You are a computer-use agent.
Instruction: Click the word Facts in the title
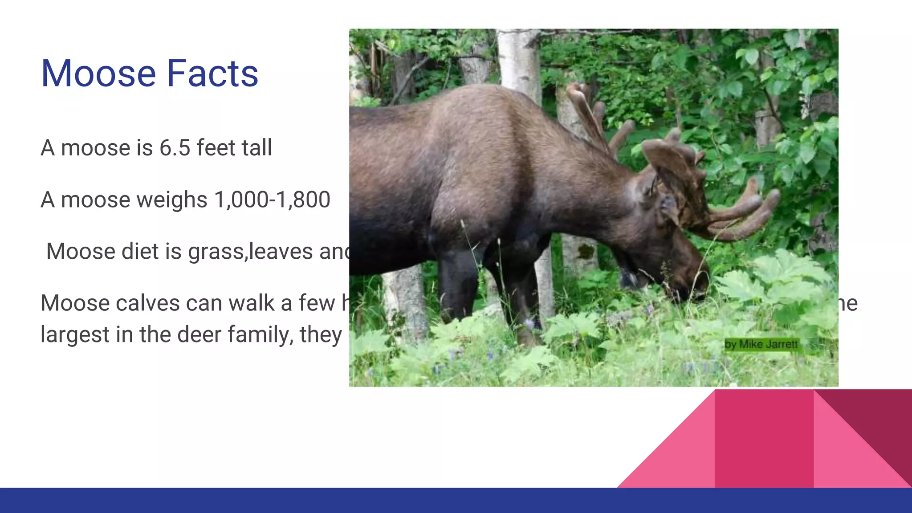212,73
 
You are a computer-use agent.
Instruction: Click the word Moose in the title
98,73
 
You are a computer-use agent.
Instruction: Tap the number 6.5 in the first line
175,148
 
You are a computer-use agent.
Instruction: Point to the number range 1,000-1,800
272,199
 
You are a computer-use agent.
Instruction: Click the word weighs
172,200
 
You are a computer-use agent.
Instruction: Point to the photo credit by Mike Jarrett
761,344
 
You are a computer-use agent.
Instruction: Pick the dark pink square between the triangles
764,439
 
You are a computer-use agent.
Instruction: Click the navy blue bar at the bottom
456,501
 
